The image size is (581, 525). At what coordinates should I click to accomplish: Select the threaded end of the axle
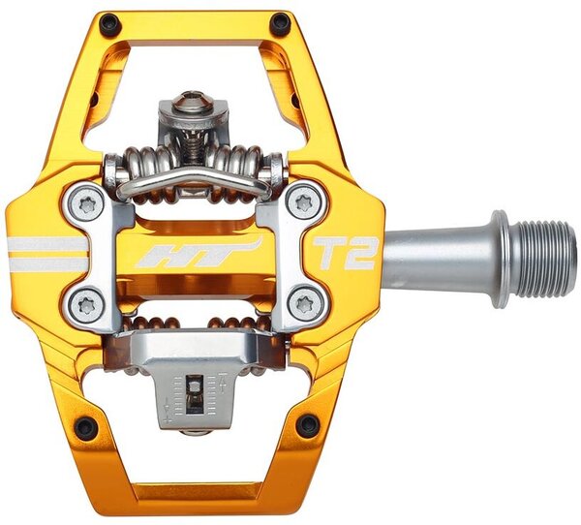543,259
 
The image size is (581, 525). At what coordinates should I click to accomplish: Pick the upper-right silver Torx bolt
305,202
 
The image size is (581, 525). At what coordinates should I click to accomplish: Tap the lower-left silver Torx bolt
86,306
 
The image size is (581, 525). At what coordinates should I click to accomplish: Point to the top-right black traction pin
280,23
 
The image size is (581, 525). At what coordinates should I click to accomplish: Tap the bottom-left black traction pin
86,429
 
